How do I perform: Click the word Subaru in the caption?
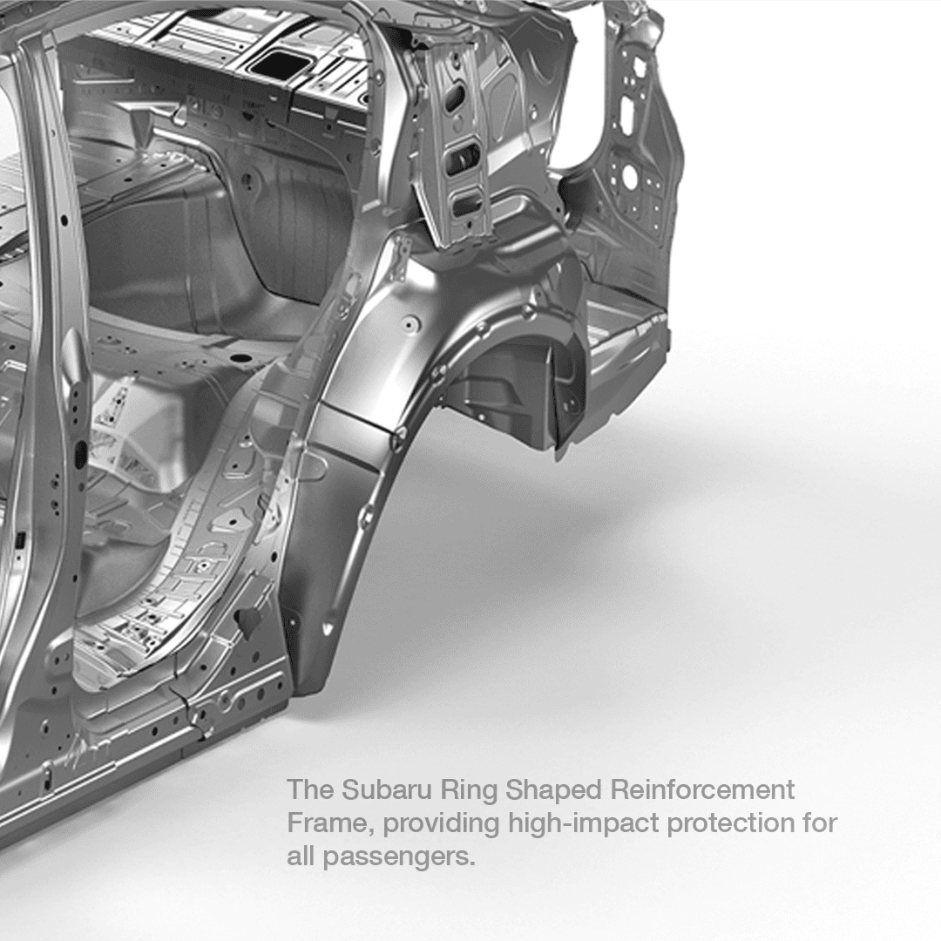point(387,789)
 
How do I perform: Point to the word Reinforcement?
point(703,789)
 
